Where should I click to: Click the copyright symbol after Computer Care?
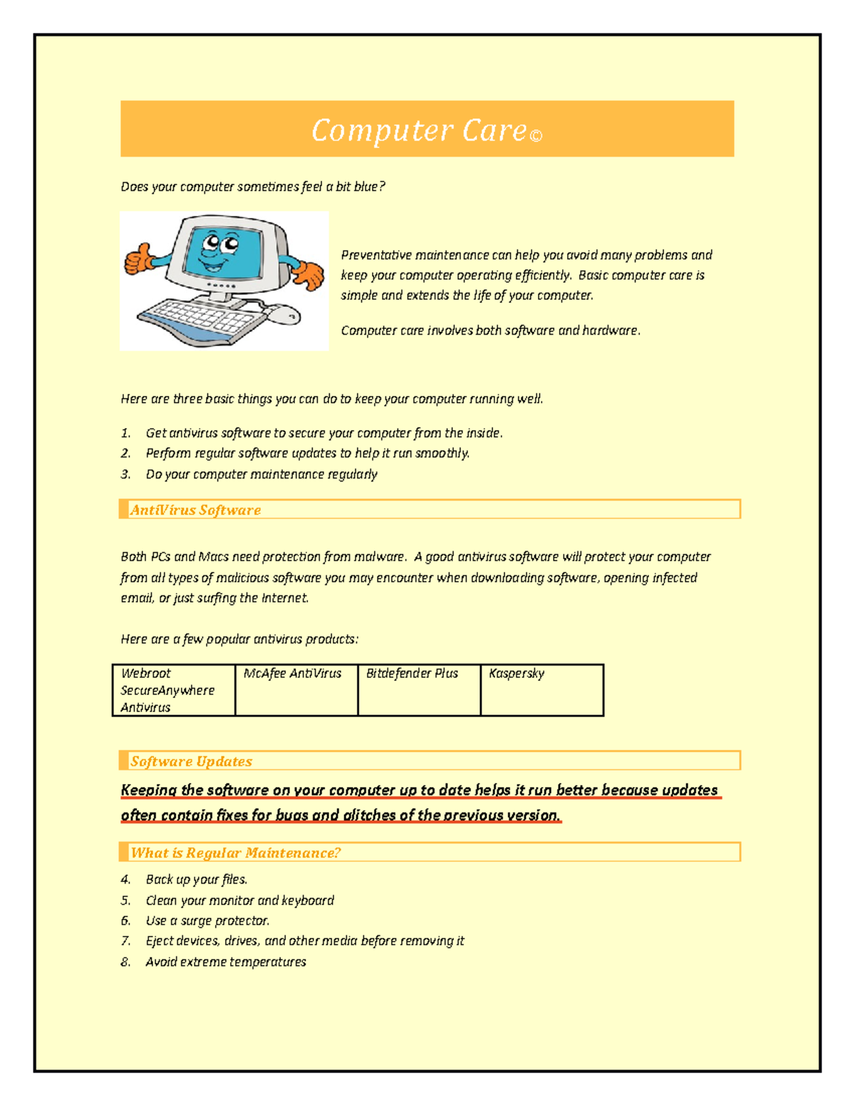[x=537, y=136]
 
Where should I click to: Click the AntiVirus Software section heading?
[x=195, y=510]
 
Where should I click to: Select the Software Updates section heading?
[x=191, y=761]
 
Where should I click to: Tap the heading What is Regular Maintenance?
[x=235, y=852]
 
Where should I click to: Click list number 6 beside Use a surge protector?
[x=125, y=921]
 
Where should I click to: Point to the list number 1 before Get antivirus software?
[x=125, y=433]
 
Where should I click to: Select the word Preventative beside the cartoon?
[x=375, y=255]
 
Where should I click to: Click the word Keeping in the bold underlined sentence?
[x=148, y=790]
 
